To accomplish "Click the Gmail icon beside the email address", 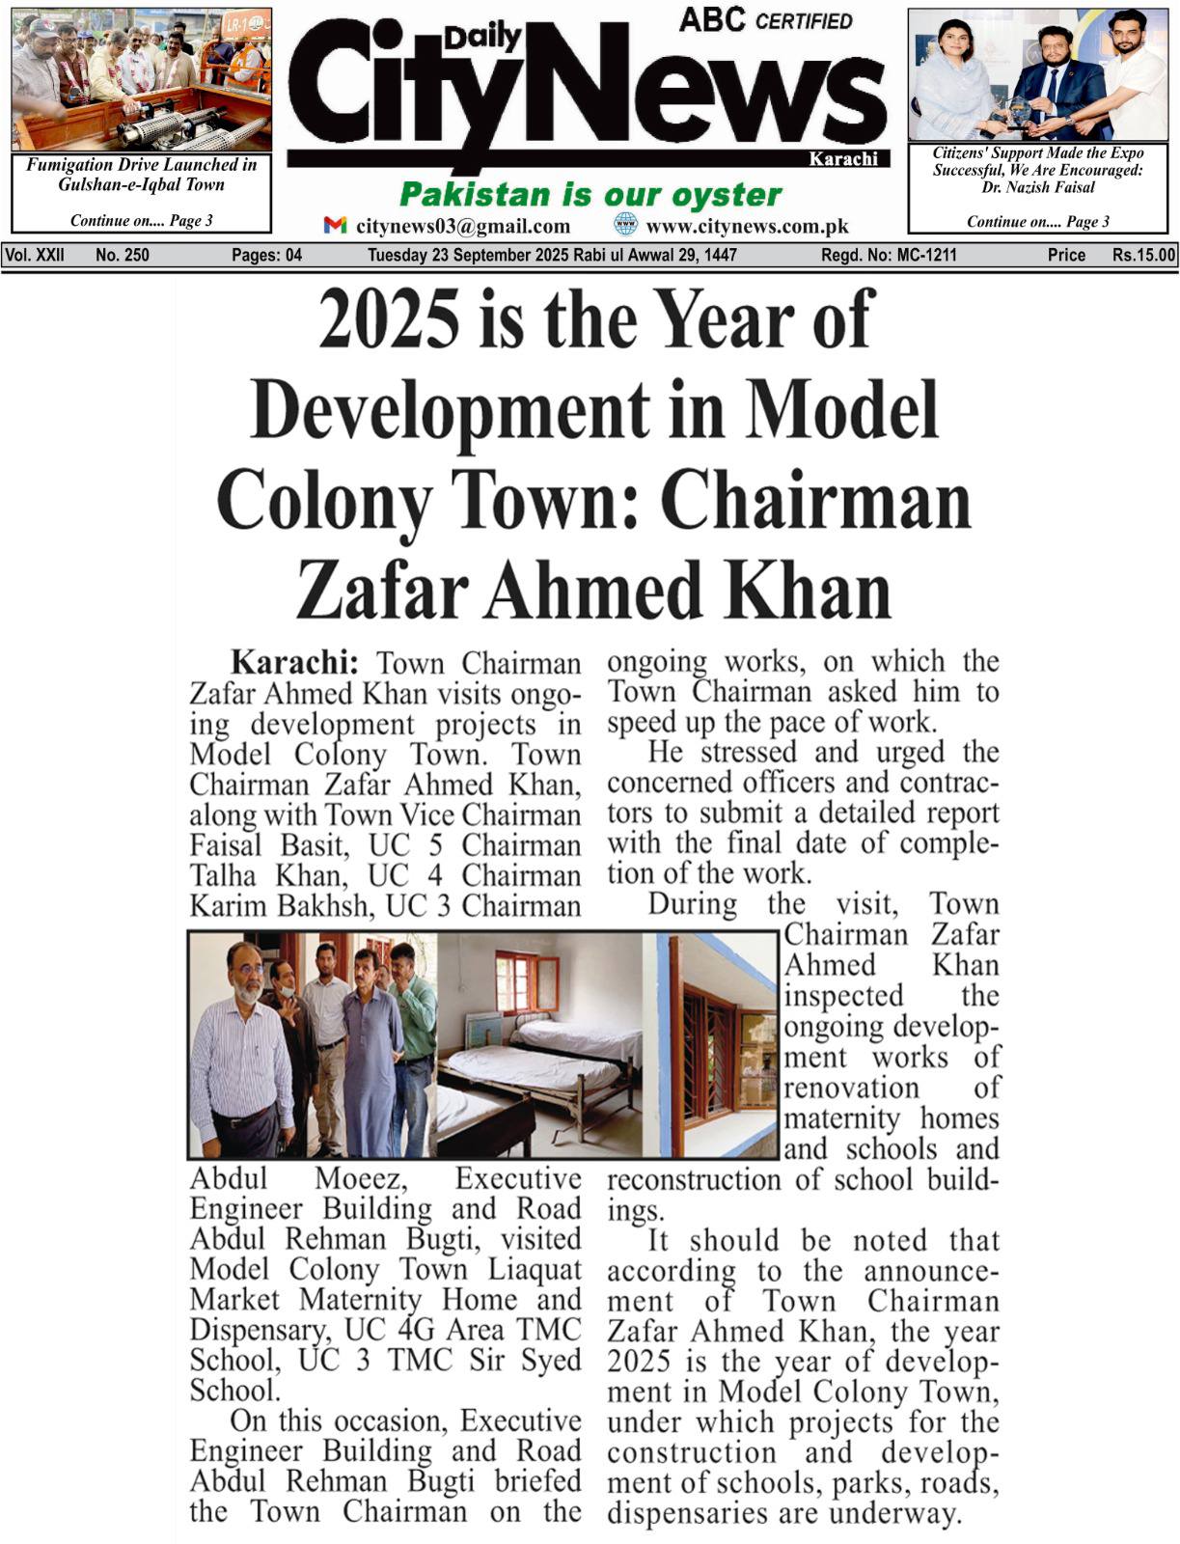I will [335, 225].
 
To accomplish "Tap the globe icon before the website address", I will [626, 225].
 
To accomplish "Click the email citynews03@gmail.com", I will [463, 226].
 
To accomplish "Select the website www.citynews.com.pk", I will [747, 226].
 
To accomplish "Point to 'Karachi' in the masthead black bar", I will [842, 159].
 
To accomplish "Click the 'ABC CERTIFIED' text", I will [765, 20].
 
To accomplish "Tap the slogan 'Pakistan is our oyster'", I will [590, 194].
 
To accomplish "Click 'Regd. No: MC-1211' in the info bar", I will [889, 256].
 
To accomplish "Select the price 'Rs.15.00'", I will [1143, 256].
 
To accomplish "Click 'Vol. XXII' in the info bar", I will [35, 256].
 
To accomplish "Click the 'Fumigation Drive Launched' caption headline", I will [141, 174].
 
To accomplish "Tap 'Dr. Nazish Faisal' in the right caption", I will [1038, 187].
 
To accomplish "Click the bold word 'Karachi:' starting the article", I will [294, 663].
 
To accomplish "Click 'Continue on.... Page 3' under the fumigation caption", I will [141, 220].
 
